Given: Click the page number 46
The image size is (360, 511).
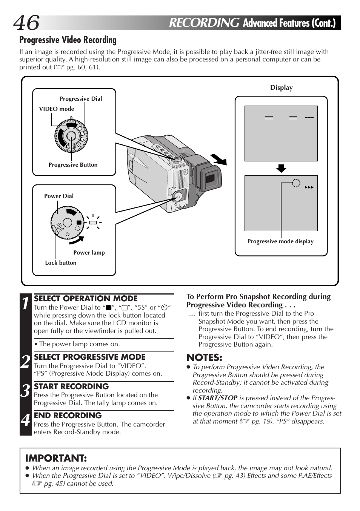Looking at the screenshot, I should click(x=26, y=23).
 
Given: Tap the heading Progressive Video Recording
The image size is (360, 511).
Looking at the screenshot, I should click(x=68, y=40).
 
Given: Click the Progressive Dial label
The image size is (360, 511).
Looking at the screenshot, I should click(x=81, y=99).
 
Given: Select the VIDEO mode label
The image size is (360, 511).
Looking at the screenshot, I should click(x=57, y=109).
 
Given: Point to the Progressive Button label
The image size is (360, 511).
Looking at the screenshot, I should click(x=73, y=165).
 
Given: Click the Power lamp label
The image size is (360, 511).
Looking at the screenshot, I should click(x=89, y=253).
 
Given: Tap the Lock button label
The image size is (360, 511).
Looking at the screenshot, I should click(x=61, y=263).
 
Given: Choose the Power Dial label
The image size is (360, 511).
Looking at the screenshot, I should click(x=59, y=196).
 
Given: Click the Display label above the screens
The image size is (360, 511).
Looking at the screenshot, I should click(x=281, y=87).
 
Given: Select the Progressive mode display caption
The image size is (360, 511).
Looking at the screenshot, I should click(x=280, y=241).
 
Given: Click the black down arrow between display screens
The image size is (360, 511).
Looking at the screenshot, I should click(x=281, y=168).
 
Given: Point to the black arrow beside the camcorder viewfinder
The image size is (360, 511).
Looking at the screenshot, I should click(x=219, y=160).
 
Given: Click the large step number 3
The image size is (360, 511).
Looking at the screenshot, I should click(x=25, y=391).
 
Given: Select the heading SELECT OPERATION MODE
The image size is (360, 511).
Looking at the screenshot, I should click(x=86, y=299).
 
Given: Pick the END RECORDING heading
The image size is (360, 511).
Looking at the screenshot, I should click(x=68, y=416).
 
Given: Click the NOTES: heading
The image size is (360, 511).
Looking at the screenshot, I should click(x=204, y=358).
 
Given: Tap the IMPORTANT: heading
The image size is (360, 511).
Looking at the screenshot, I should click(x=56, y=458).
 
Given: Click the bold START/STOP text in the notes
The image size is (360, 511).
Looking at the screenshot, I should click(x=218, y=398).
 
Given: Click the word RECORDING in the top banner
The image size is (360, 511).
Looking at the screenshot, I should click(x=204, y=23).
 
